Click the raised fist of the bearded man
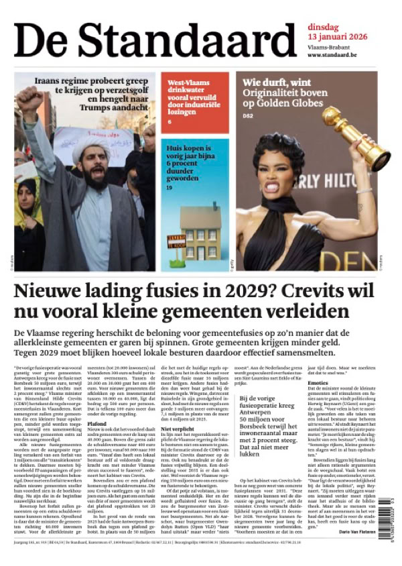(x=31, y=101)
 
